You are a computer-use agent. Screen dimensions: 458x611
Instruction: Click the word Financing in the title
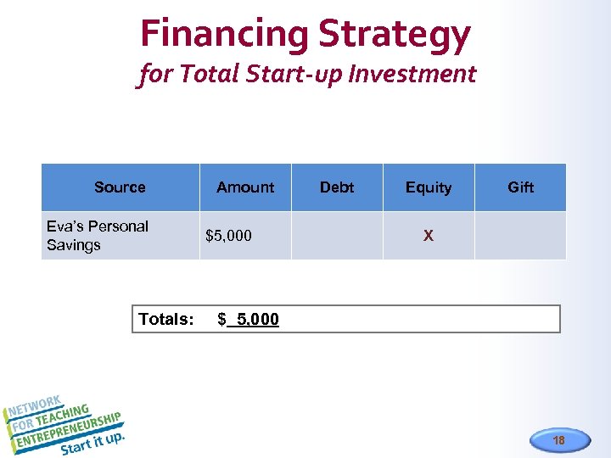click(x=224, y=34)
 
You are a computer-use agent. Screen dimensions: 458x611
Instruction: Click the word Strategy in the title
click(x=394, y=34)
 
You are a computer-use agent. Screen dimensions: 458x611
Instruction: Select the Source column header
click(x=120, y=187)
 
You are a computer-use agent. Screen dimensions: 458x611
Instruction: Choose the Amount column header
click(x=245, y=187)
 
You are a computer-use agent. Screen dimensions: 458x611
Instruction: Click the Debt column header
click(x=337, y=187)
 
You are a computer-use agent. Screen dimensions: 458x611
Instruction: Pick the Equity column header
click(x=429, y=187)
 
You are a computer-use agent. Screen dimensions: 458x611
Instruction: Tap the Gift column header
click(x=520, y=187)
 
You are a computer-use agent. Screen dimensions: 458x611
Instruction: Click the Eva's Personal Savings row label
click(x=97, y=236)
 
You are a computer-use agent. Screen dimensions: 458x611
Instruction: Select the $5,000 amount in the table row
click(x=228, y=236)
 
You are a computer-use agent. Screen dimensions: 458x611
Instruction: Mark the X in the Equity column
click(x=429, y=236)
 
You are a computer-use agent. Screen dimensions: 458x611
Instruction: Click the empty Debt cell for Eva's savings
click(x=337, y=236)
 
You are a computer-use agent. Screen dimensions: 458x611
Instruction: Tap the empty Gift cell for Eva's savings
click(x=520, y=236)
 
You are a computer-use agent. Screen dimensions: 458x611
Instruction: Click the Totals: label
click(x=166, y=320)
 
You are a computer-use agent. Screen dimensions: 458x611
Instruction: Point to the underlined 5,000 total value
click(x=257, y=320)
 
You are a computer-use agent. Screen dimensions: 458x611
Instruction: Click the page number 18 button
click(x=558, y=440)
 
